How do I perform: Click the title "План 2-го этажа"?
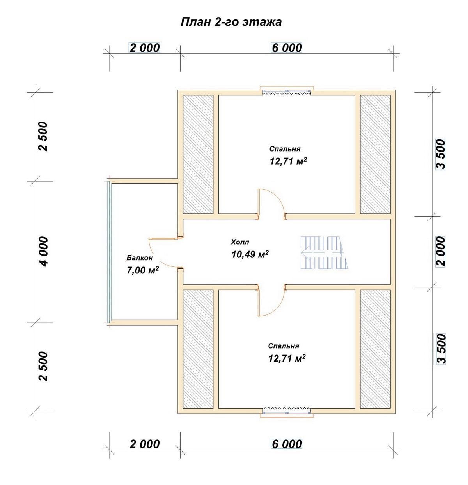(x=231, y=22)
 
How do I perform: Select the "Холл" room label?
(x=240, y=242)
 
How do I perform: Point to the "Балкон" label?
(x=140, y=258)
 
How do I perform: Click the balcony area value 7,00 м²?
(x=143, y=270)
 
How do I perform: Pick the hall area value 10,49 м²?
(x=250, y=254)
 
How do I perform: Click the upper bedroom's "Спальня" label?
(x=285, y=149)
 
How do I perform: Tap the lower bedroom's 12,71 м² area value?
(x=287, y=359)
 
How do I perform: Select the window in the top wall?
(x=287, y=91)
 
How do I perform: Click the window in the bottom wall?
(x=287, y=413)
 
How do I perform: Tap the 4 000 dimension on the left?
(x=44, y=252)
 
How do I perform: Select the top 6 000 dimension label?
(x=287, y=48)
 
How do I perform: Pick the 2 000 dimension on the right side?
(x=441, y=252)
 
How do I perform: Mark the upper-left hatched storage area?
(x=199, y=155)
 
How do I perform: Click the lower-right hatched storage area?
(x=375, y=349)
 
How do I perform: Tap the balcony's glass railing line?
(x=109, y=252)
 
